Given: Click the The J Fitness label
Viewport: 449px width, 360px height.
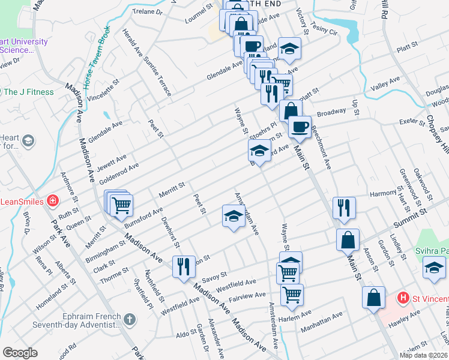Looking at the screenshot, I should pyautogui.click(x=29, y=92).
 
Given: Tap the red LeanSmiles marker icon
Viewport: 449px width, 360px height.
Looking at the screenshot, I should pyautogui.click(x=53, y=200).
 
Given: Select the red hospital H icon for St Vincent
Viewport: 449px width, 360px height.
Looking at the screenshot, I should pyautogui.click(x=404, y=297).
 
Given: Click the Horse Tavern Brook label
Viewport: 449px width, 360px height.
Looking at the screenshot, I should pyautogui.click(x=97, y=55).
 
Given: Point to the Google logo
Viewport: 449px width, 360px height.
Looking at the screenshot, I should pyautogui.click(x=20, y=352).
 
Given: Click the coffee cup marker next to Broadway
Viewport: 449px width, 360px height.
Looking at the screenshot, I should pyautogui.click(x=300, y=127).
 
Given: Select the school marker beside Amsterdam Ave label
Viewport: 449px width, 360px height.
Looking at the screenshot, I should pyautogui.click(x=234, y=216).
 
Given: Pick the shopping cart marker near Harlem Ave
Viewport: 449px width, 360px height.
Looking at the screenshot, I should pyautogui.click(x=292, y=294).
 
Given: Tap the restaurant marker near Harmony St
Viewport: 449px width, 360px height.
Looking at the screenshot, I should pyautogui.click(x=343, y=207).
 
